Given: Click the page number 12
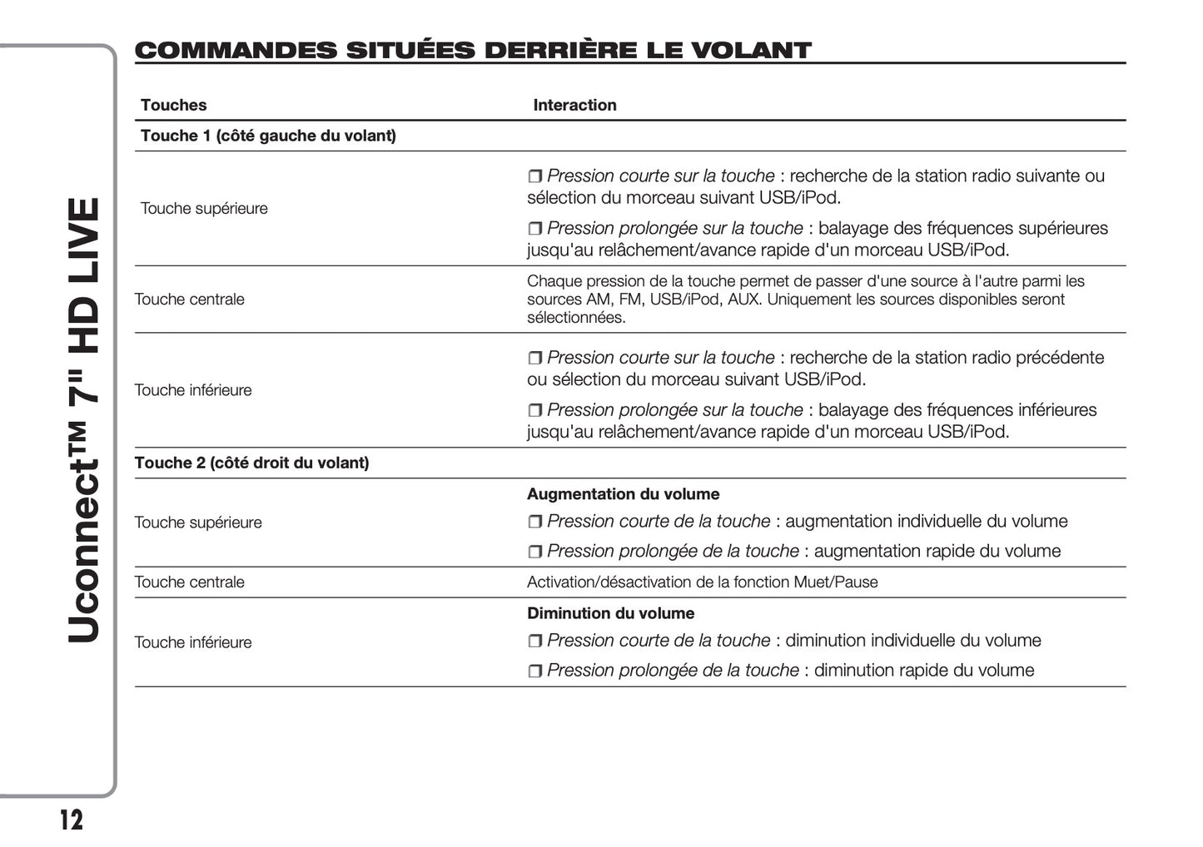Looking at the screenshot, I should [x=72, y=820].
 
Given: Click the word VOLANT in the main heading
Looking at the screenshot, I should [x=751, y=51].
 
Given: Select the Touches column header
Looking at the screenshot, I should [x=173, y=105].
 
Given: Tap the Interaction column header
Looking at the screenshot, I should [x=574, y=105].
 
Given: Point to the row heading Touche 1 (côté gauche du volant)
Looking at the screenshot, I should [x=268, y=136].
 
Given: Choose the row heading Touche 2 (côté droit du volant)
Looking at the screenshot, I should [x=251, y=463].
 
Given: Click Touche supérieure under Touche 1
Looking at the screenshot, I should [x=204, y=208].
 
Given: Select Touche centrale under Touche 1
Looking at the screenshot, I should [x=189, y=300].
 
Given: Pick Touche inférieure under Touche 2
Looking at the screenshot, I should [x=192, y=642].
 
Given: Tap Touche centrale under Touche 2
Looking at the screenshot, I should [x=189, y=582].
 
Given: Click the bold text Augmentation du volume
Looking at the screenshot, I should [x=623, y=494].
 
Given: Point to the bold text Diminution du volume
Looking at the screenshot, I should [x=610, y=613].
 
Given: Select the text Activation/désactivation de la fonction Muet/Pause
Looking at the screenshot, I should [x=702, y=582].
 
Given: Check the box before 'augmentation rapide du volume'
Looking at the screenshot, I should [x=534, y=552].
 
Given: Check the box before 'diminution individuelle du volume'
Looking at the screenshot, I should [x=534, y=641].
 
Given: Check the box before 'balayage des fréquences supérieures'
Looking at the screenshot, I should [x=534, y=229].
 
